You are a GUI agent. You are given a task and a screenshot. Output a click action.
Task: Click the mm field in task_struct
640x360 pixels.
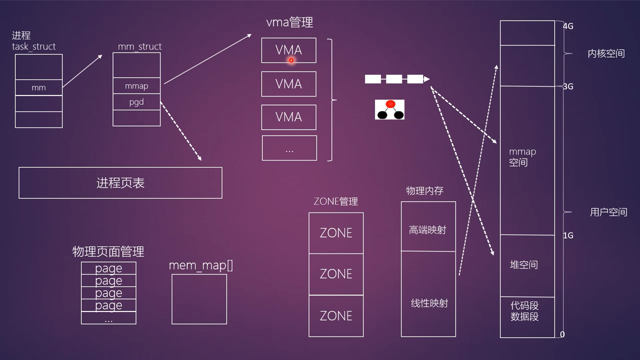[x=38, y=87]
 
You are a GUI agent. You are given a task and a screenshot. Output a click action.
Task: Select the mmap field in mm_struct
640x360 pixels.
[x=136, y=86]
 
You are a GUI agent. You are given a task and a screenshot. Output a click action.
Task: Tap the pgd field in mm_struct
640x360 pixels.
[x=136, y=102]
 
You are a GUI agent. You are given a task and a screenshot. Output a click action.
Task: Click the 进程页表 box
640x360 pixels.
[x=120, y=183]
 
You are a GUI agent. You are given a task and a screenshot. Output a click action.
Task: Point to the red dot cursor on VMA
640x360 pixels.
[x=291, y=60]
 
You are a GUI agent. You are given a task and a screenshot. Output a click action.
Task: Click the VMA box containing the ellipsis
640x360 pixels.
[x=289, y=148]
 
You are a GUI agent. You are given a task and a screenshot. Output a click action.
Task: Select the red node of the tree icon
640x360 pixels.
[x=390, y=104]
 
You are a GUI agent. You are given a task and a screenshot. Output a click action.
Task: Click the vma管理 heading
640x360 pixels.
[x=289, y=22]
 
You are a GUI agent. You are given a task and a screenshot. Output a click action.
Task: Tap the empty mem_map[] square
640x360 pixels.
[x=199, y=299]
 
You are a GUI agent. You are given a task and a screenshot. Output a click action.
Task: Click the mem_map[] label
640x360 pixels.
[x=200, y=265]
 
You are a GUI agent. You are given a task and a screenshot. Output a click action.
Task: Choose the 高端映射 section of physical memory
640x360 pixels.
[x=427, y=230]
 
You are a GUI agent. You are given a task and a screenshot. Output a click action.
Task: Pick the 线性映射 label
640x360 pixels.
[x=429, y=303]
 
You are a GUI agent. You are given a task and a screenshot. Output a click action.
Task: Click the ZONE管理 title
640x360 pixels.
[x=335, y=201]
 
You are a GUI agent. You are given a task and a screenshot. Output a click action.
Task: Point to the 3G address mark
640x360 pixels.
[x=568, y=86]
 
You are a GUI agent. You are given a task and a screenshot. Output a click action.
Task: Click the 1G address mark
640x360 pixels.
[x=568, y=235]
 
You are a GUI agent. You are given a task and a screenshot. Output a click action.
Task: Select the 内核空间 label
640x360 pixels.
[x=606, y=53]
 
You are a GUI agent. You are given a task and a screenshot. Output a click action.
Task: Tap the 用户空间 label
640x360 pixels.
[x=608, y=212]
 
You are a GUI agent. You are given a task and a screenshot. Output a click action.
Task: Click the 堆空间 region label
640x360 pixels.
[x=523, y=264]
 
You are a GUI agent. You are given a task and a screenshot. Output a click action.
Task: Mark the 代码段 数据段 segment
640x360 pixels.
[x=524, y=310]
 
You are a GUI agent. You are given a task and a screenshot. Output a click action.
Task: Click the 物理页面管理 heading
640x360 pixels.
[x=108, y=251]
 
